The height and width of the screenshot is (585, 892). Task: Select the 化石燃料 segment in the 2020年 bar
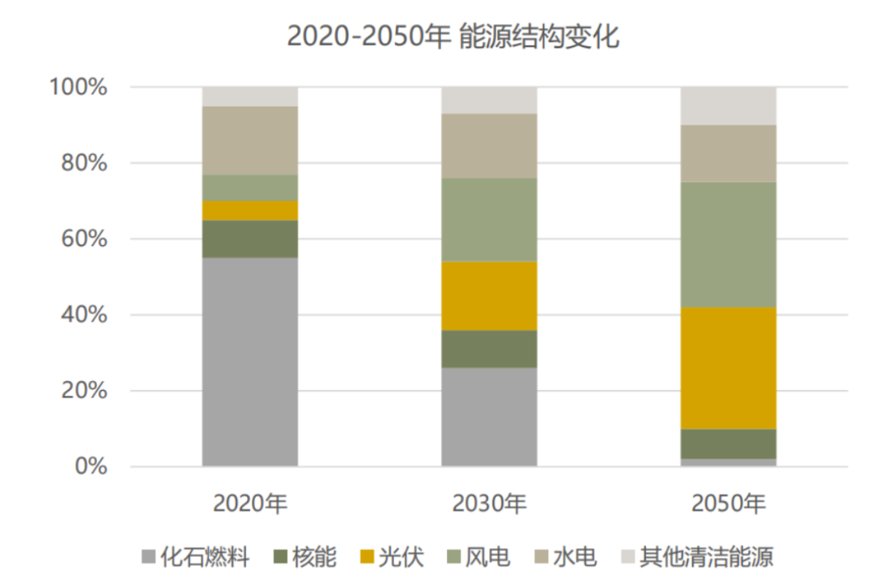(x=250, y=362)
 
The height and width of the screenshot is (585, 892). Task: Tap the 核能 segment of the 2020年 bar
(x=250, y=239)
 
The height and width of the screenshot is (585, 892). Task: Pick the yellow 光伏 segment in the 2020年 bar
(x=250, y=210)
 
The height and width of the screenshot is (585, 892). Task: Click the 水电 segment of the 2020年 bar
(x=250, y=140)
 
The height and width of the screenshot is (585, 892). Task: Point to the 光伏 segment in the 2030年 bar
(x=489, y=296)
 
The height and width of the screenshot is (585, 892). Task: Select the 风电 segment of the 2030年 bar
(x=489, y=219)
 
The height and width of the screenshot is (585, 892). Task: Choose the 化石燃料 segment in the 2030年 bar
(x=489, y=417)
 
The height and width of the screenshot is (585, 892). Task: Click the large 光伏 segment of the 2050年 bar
(x=728, y=368)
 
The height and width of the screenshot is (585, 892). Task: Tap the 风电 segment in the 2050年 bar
(x=728, y=245)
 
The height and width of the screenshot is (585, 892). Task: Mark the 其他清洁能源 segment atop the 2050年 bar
(x=728, y=106)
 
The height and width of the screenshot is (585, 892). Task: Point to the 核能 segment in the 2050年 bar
(x=728, y=444)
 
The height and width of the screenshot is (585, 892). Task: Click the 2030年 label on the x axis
(x=489, y=503)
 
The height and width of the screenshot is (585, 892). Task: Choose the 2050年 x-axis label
(x=728, y=503)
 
